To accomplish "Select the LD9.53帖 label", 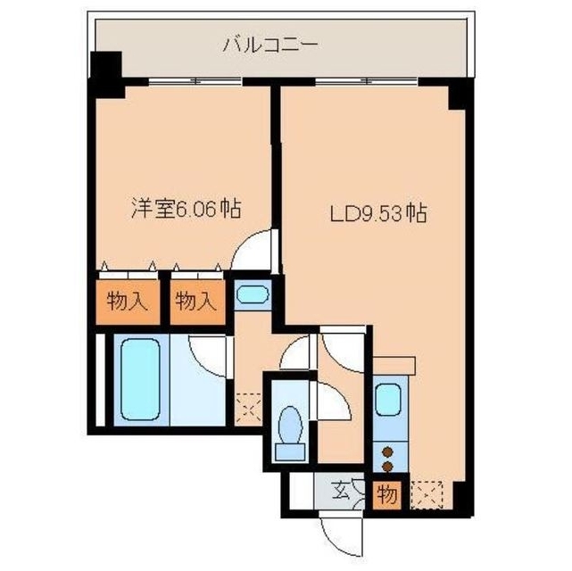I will [x=377, y=213].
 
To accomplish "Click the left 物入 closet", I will [x=128, y=302].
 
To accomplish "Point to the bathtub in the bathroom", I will [x=140, y=379].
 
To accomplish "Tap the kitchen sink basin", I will [x=388, y=399].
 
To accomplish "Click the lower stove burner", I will [x=388, y=464].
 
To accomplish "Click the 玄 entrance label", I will [x=342, y=490].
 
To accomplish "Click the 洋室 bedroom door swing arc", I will [x=253, y=252].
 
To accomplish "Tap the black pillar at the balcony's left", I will [x=107, y=73].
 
